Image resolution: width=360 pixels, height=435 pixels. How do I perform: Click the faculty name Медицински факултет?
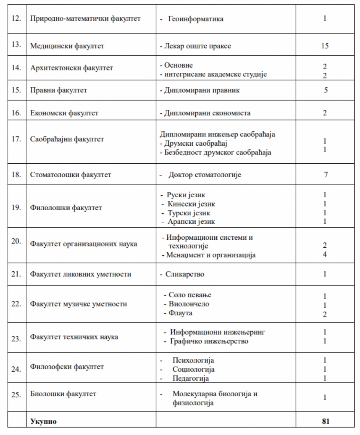tap(67, 46)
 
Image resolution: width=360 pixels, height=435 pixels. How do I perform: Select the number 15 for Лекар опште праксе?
tap(324, 46)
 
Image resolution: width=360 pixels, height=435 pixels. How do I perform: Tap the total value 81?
tap(325, 421)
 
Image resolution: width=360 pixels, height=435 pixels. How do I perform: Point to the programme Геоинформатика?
tap(196, 19)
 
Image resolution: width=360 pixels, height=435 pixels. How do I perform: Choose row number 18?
tap(16, 175)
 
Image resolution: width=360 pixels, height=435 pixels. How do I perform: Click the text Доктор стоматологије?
tap(205, 175)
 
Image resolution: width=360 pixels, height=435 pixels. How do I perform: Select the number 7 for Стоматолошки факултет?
tap(326, 175)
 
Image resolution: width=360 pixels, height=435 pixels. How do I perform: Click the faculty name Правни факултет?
tap(59, 90)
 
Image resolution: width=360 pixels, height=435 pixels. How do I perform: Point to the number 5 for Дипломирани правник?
tap(326, 90)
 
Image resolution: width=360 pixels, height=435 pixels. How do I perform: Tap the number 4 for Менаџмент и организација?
tap(325, 255)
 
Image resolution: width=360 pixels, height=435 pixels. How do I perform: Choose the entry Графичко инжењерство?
tap(209, 341)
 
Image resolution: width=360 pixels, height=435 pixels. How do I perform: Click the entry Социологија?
tap(194, 369)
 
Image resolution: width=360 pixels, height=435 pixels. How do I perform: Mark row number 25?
tap(16, 394)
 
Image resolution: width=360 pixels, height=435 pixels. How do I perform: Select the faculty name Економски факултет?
tap(64, 113)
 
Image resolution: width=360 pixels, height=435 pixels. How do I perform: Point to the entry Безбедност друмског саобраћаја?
tap(218, 152)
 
